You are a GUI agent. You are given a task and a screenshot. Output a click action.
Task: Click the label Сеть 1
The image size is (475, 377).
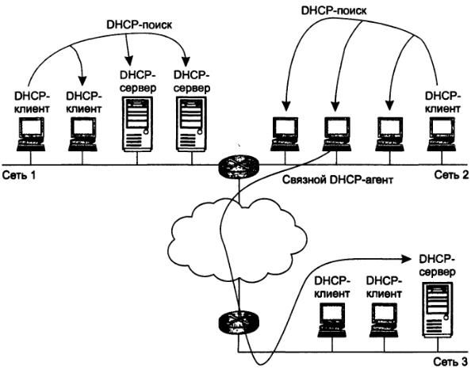pyautogui.click(x=19, y=175)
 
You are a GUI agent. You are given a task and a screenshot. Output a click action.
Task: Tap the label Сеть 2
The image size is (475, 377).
pyautogui.click(x=452, y=174)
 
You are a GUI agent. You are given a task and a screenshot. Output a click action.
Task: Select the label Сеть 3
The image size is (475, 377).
pyautogui.click(x=450, y=362)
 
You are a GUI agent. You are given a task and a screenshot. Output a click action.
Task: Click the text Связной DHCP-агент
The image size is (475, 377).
pyautogui.click(x=338, y=180)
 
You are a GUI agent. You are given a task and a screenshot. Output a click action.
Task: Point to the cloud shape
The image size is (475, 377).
pyautogui.click(x=236, y=239)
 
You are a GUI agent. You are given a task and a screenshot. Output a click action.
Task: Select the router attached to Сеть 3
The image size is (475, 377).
pyautogui.click(x=239, y=323)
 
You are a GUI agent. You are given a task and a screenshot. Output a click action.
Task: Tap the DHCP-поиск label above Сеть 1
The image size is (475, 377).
pyautogui.click(x=139, y=25)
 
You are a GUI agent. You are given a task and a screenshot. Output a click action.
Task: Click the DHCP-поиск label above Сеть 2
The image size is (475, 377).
pyautogui.click(x=334, y=10)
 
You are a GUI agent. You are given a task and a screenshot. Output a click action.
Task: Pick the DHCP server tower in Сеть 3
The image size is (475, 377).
pyautogui.click(x=438, y=310)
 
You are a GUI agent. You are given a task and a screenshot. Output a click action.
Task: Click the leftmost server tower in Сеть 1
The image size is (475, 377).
pyautogui.click(x=137, y=124)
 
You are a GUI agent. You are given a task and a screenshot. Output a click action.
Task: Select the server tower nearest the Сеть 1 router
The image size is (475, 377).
pyautogui.click(x=191, y=124)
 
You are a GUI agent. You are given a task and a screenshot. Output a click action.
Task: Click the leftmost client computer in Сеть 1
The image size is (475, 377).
pyautogui.click(x=31, y=134)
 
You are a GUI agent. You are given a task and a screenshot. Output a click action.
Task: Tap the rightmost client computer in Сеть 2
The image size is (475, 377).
pyautogui.click(x=442, y=134)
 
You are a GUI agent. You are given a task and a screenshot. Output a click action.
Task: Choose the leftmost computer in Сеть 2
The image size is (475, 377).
pyautogui.click(x=285, y=134)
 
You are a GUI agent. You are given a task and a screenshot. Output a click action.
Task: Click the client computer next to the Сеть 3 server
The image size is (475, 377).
pyautogui.click(x=384, y=321)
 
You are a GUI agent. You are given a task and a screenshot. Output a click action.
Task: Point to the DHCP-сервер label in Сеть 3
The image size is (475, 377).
pyautogui.click(x=437, y=265)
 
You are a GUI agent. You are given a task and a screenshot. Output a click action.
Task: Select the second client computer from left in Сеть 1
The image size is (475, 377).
pyautogui.click(x=82, y=134)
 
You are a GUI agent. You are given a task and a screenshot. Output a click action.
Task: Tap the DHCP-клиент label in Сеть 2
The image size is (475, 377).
pyautogui.click(x=443, y=102)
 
